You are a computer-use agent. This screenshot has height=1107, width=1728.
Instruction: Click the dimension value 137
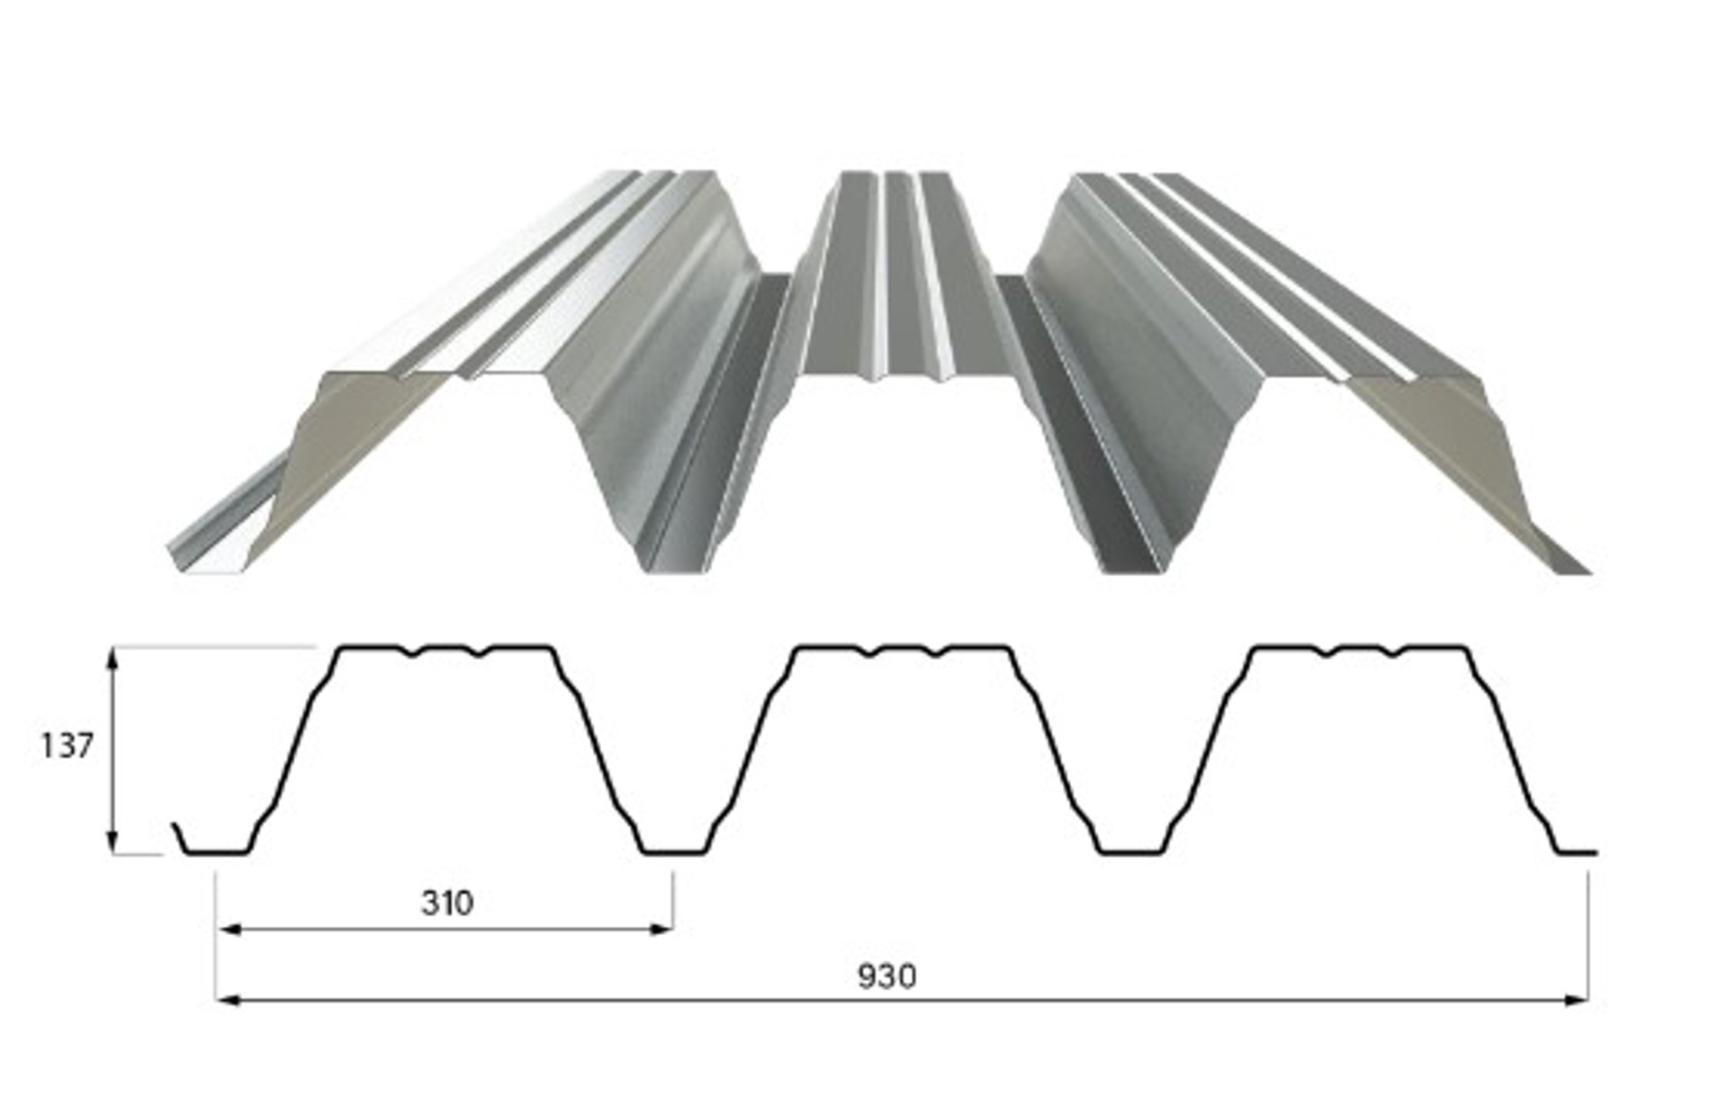pos(67,746)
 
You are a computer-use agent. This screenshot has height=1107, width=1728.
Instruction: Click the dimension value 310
pos(447,903)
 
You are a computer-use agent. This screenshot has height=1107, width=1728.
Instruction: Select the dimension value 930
pos(886,976)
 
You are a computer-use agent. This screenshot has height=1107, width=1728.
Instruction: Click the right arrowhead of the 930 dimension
pos(1576,999)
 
